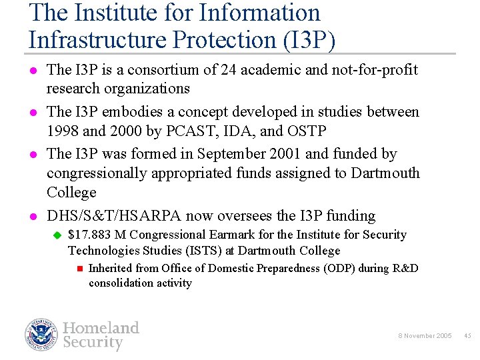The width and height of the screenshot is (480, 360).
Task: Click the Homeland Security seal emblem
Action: click(42, 335)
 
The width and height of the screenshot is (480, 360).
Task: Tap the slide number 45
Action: click(467, 335)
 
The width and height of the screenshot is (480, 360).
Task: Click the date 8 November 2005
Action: click(424, 335)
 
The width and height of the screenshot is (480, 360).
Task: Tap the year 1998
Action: click(65, 131)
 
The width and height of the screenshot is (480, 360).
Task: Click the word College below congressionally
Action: click(71, 193)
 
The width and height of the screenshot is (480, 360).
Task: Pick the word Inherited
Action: click(112, 268)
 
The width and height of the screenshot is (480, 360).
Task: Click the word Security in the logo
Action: click(93, 343)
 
